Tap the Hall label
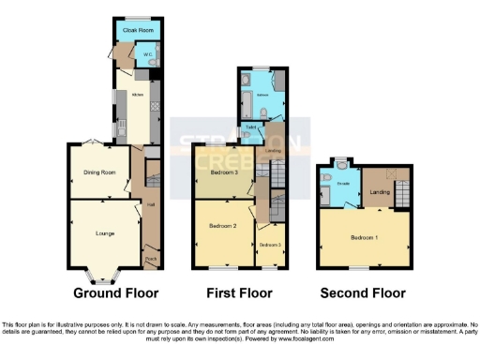click(x=150, y=204)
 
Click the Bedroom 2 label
click(x=222, y=226)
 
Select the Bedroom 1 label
click(x=365, y=237)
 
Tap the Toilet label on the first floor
click(x=250, y=127)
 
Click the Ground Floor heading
click(x=115, y=292)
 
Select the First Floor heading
click(x=240, y=292)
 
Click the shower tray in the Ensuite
click(x=325, y=195)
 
